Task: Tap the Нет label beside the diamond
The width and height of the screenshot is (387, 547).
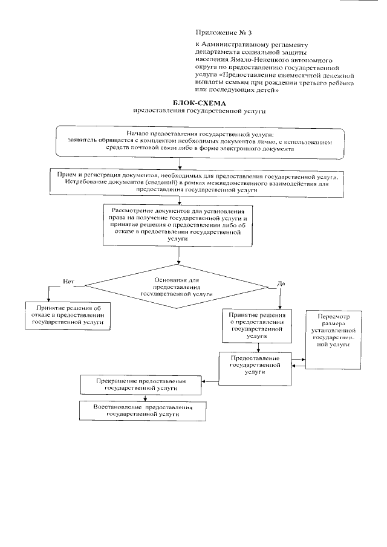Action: pos(68,281)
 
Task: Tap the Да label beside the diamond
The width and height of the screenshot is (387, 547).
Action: pos(281,283)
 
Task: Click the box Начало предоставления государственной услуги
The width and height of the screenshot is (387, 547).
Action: pos(200,140)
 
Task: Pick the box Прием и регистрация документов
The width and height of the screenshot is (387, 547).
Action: pos(198,181)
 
